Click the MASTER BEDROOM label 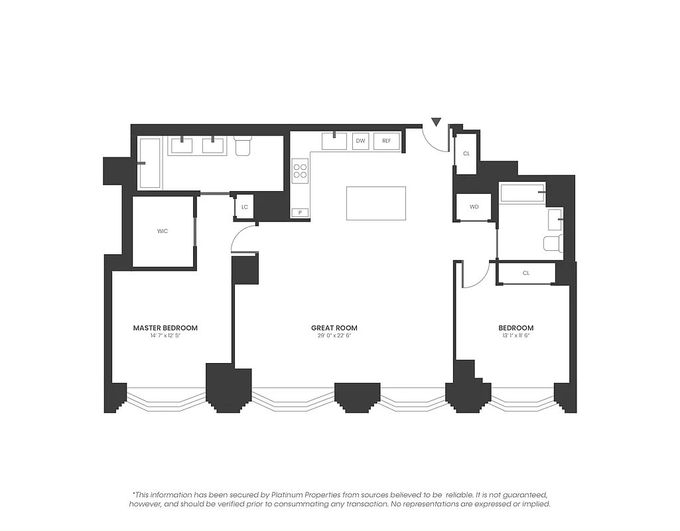165,328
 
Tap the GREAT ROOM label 334,328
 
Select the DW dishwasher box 360,141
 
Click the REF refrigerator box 386,141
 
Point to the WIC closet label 163,231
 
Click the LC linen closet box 244,207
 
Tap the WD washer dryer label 474,207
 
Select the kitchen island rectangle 375,203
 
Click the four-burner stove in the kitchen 301,171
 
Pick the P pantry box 301,212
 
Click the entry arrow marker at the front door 436,122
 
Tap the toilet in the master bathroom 243,145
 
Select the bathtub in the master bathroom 149,163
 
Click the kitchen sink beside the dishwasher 334,141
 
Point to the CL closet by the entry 466,153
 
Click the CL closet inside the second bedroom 525,273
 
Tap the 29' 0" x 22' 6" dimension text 334,336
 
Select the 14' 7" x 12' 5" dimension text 165,336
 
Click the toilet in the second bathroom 553,243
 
